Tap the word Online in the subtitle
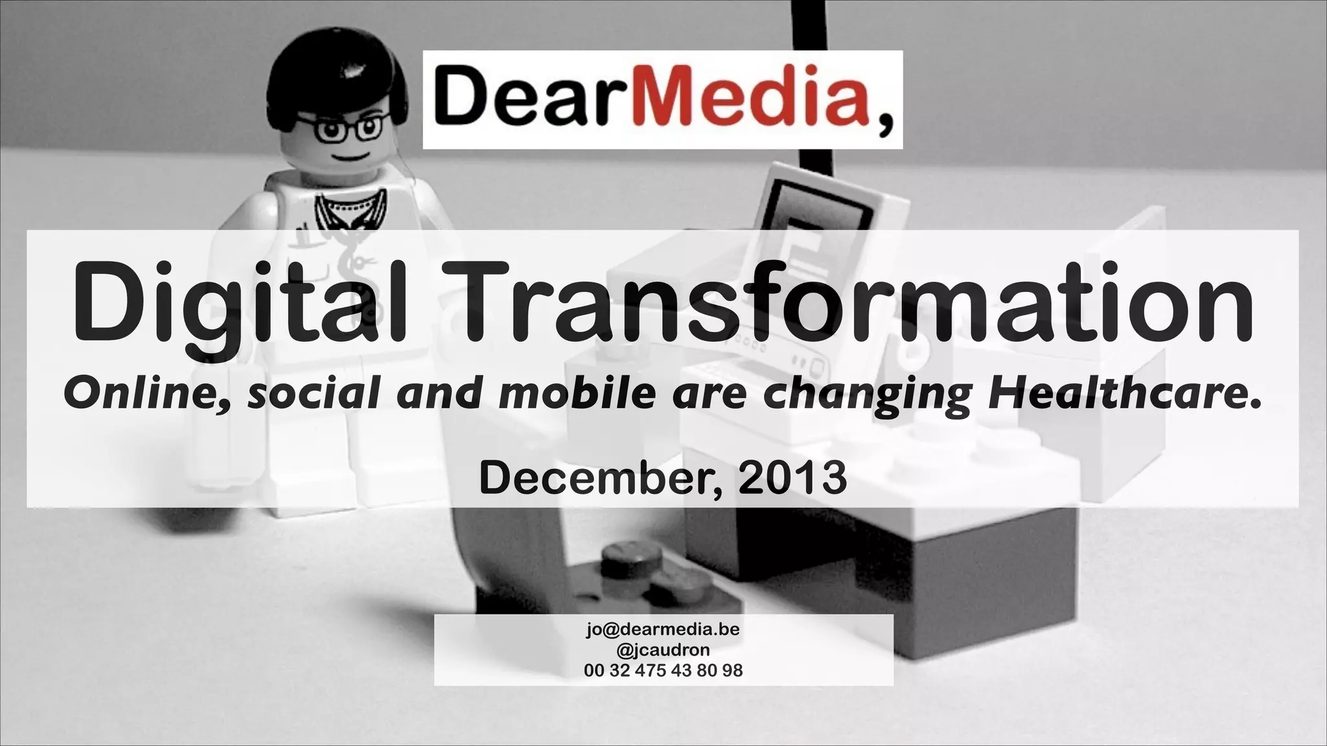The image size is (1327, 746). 148,393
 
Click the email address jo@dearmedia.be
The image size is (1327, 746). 663,629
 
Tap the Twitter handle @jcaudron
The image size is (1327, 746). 663,650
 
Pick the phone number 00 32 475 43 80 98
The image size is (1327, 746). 663,670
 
